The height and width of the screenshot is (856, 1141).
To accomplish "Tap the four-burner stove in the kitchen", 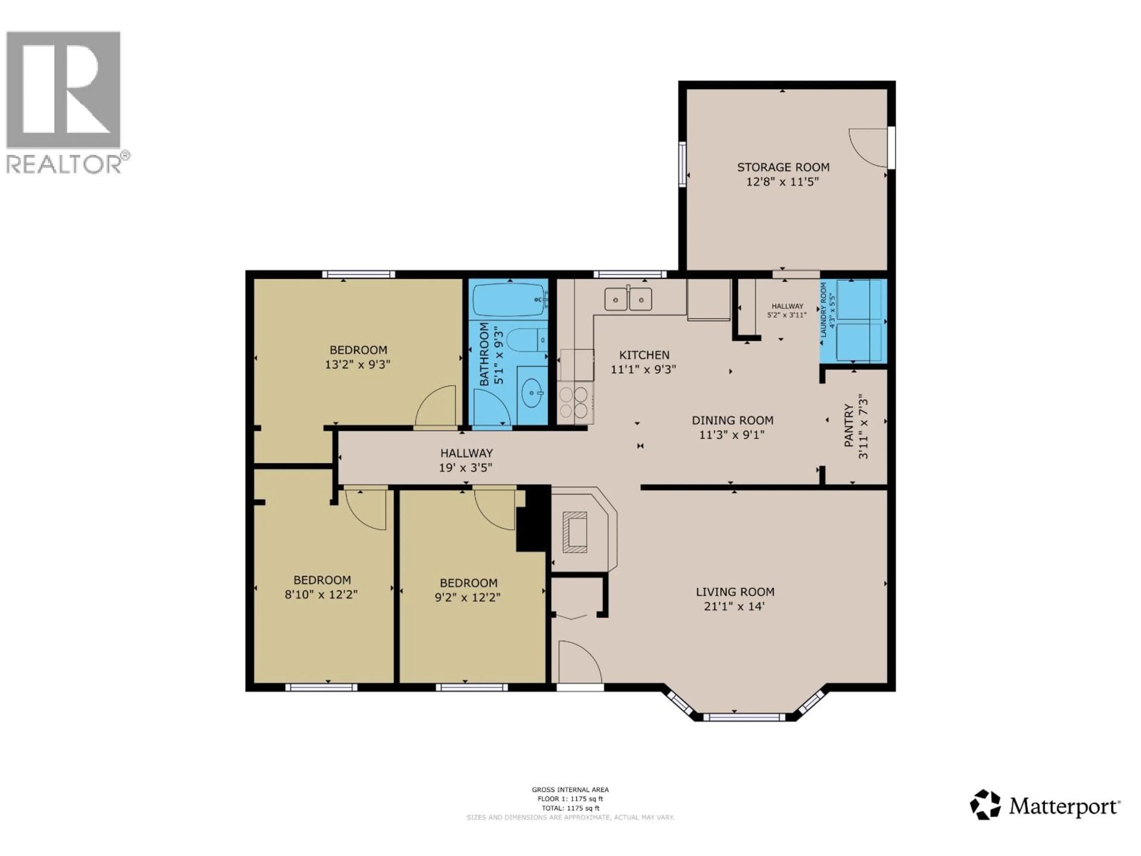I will (574, 402).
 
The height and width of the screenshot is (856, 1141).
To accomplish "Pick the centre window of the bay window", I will (743, 717).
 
